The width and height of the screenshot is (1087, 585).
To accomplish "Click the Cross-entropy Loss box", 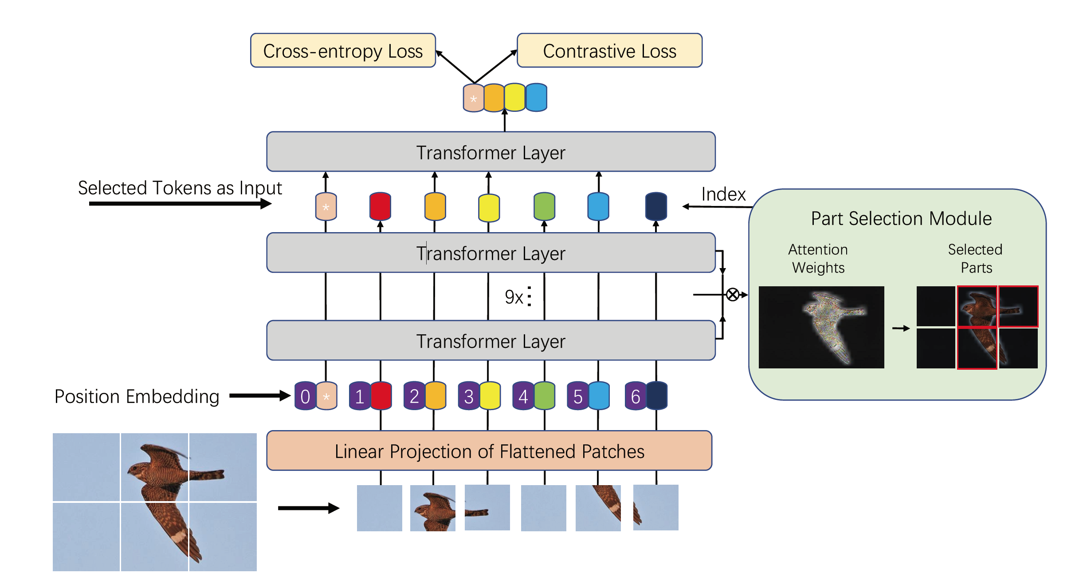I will click(343, 51).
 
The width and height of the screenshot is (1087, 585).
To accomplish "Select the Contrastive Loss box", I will click(609, 51).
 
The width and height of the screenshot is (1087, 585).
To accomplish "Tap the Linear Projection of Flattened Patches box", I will click(489, 451).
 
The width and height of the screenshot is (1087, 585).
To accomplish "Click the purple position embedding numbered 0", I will click(305, 396).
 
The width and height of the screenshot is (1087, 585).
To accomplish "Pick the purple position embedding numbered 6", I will click(635, 396).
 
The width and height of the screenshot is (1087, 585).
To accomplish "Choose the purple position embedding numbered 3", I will click(468, 396).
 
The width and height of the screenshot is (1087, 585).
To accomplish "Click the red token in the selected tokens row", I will click(380, 206).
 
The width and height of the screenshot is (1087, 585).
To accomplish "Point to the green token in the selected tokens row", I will click(544, 206).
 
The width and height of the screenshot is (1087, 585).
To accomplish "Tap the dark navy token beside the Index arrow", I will click(656, 206).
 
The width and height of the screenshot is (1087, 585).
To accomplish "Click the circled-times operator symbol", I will click(733, 294).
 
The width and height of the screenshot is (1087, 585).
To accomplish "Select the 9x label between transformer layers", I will click(514, 297).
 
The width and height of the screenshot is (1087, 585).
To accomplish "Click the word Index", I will click(723, 194).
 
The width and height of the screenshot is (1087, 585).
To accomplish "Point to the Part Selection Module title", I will click(901, 218).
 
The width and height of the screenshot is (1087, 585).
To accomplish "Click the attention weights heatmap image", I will click(821, 327).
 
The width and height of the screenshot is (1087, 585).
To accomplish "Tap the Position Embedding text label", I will click(137, 396).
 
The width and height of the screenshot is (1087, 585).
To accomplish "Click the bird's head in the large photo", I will click(138, 469).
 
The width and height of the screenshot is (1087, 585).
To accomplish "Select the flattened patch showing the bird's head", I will click(432, 508).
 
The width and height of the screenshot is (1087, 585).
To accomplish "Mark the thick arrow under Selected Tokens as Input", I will click(180, 204).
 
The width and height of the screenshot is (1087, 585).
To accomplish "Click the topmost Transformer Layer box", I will click(491, 152).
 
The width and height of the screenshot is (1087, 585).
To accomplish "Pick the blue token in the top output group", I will click(536, 98).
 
